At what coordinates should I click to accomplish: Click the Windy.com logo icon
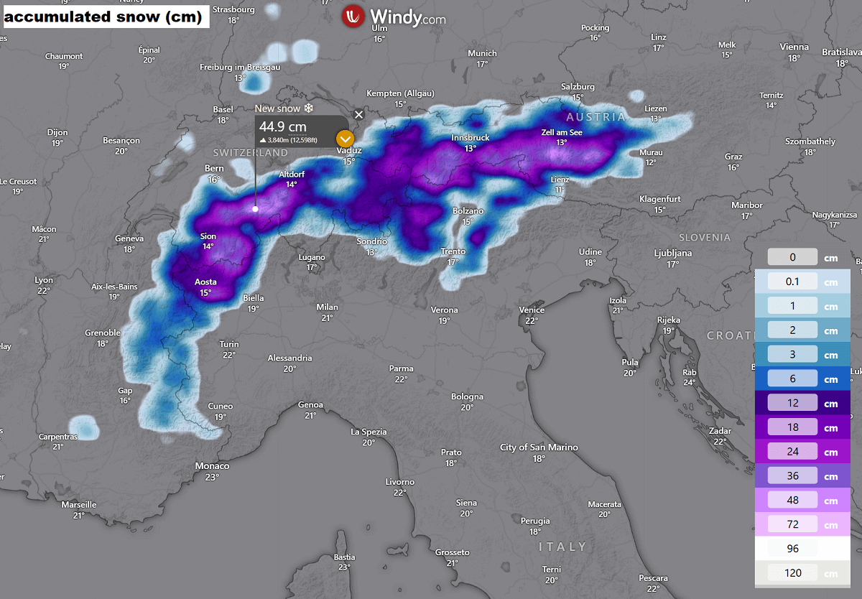click(x=353, y=17)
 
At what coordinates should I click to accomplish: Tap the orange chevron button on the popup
click(x=346, y=138)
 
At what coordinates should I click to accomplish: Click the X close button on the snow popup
click(x=359, y=114)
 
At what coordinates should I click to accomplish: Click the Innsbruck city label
click(x=470, y=137)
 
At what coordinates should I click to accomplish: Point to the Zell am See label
click(x=561, y=132)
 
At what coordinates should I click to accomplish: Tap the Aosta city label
click(x=205, y=282)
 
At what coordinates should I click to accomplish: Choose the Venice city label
click(x=532, y=310)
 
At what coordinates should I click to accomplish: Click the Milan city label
click(x=327, y=307)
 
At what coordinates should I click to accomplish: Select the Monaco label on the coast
click(x=212, y=466)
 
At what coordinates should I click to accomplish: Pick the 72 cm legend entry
click(x=793, y=525)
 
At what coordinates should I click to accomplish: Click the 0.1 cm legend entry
click(x=793, y=282)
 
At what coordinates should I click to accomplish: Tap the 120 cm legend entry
click(x=793, y=573)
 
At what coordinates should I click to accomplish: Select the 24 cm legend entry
click(x=793, y=452)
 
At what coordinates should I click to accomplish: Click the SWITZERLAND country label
click(x=250, y=153)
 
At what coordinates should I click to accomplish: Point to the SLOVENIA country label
click(x=705, y=237)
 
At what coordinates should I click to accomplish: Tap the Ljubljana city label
click(x=672, y=253)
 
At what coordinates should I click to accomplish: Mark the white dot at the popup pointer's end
click(x=255, y=209)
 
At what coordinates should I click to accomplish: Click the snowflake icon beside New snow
click(x=309, y=108)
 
